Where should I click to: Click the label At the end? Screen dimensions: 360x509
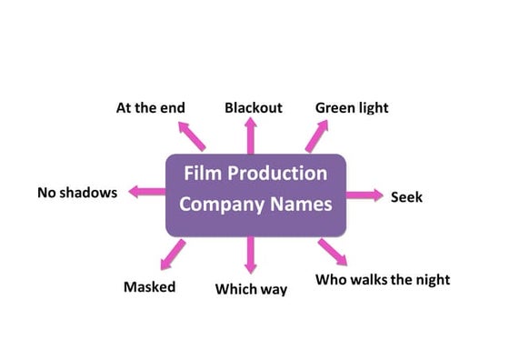[x=150, y=107]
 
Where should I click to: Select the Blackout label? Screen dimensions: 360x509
[x=254, y=107]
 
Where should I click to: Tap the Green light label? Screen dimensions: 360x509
[x=352, y=107]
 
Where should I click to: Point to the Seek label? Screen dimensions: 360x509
[x=406, y=196]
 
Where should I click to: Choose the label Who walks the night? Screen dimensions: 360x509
[x=383, y=279]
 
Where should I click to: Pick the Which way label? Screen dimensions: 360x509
[x=251, y=289]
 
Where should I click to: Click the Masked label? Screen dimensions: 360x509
[x=149, y=287]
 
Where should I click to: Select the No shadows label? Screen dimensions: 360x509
[x=77, y=193]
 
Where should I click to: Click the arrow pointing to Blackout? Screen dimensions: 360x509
[x=252, y=136]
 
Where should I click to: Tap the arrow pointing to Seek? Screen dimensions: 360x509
[x=365, y=195]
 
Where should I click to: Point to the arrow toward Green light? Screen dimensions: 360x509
[x=315, y=136]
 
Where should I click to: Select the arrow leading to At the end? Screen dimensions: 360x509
[x=193, y=136]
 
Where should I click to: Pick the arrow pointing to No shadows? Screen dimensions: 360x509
[x=145, y=192]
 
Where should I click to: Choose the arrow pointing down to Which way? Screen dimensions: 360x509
[x=251, y=255]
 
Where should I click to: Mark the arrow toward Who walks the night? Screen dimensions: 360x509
[x=332, y=251]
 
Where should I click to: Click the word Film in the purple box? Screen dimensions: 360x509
[x=204, y=173]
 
